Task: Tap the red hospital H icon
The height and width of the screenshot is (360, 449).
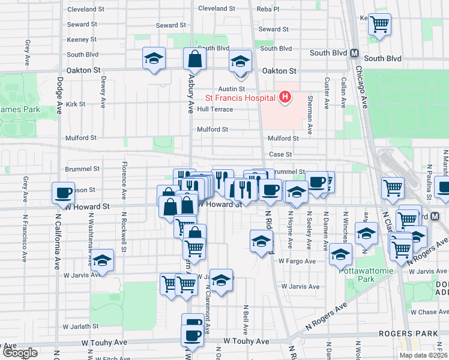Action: click(x=285, y=97)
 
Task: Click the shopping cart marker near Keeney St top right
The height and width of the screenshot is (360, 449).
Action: click(x=379, y=24)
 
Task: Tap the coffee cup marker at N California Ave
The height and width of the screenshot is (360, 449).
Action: click(x=63, y=193)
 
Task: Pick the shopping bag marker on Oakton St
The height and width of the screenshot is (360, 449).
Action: click(x=195, y=59)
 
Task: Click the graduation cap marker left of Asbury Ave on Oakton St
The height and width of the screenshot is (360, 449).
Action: click(x=154, y=59)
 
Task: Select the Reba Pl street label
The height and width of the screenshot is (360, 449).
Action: click(x=268, y=9)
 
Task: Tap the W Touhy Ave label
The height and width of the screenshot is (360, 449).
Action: click(x=246, y=341)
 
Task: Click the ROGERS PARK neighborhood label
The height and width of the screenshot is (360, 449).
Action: click(x=413, y=334)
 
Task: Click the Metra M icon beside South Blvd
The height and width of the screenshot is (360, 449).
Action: click(x=354, y=53)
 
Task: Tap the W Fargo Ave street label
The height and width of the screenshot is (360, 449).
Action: click(x=297, y=261)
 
